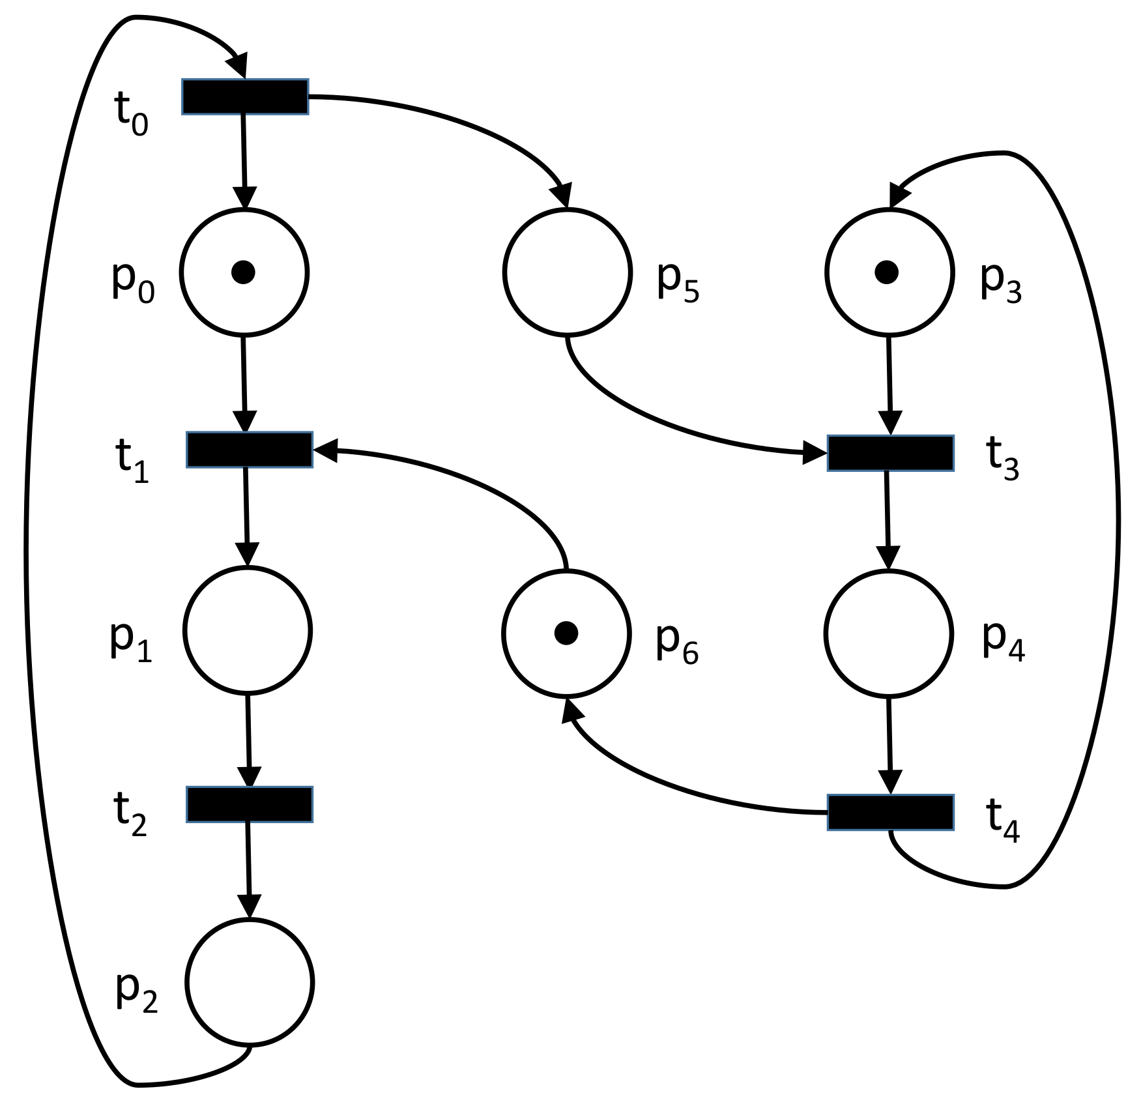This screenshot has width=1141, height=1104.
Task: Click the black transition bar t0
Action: pyautogui.click(x=245, y=97)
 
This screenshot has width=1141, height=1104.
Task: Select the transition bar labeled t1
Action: pyautogui.click(x=250, y=450)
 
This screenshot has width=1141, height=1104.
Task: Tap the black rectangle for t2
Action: pyautogui.click(x=250, y=804)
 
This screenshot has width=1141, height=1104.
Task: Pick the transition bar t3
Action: pyautogui.click(x=891, y=453)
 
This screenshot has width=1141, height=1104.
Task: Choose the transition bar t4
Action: pyautogui.click(x=891, y=812)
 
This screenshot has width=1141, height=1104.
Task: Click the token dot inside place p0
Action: pyautogui.click(x=243, y=272)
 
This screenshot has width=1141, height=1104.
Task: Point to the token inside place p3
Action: pyautogui.click(x=886, y=272)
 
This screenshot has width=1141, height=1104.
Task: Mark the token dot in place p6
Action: pyautogui.click(x=566, y=633)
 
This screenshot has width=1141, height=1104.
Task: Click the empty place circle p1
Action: pyautogui.click(x=248, y=630)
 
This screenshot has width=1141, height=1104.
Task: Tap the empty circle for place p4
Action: pyautogui.click(x=889, y=633)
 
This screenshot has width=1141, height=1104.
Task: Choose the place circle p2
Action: pyautogui.click(x=250, y=982)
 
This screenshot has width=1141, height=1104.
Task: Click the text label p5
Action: pyautogui.click(x=678, y=282)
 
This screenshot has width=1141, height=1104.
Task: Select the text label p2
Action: pyautogui.click(x=136, y=992)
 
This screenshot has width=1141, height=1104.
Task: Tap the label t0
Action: pyautogui.click(x=131, y=113)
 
